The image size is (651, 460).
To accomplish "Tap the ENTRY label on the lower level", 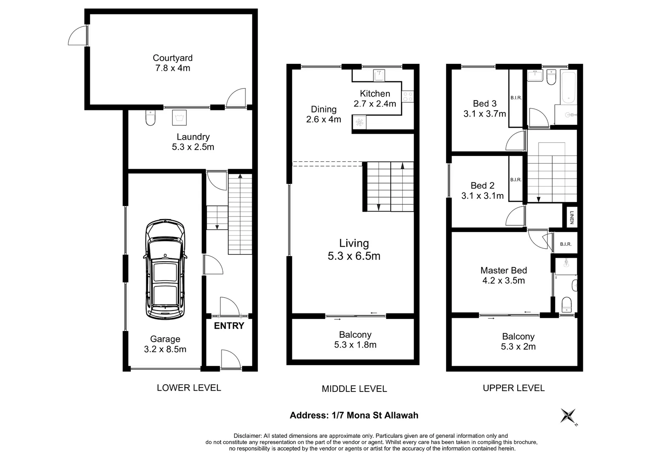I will [229, 326].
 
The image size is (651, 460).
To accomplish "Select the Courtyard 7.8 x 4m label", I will [173, 63].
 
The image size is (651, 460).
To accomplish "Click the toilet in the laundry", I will [150, 118].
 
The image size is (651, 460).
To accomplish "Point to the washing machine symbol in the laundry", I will [179, 118].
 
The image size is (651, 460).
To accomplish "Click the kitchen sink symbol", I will [379, 75].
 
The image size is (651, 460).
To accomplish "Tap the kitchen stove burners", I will [408, 97].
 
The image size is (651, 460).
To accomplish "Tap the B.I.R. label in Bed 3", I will [516, 98].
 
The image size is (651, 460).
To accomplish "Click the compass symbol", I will [568, 416].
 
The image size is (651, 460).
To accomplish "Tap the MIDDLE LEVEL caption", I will [354, 388].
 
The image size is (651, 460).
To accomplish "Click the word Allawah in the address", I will [401, 415].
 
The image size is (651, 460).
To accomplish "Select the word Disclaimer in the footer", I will [247, 436].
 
